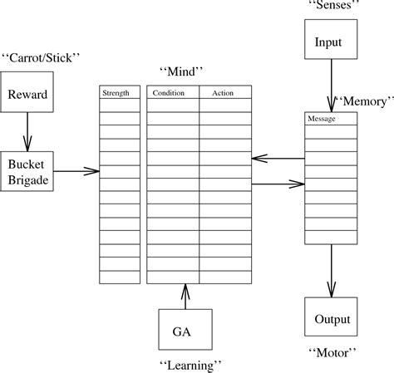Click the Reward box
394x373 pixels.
pyautogui.click(x=28, y=95)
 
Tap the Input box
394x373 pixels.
pyautogui.click(x=329, y=42)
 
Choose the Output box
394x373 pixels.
pyautogui.click(x=332, y=319)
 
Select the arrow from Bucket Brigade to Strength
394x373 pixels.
pyautogui.click(x=76, y=171)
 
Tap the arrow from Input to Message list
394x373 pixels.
pyautogui.click(x=331, y=86)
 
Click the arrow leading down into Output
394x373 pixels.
pyautogui.click(x=331, y=271)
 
